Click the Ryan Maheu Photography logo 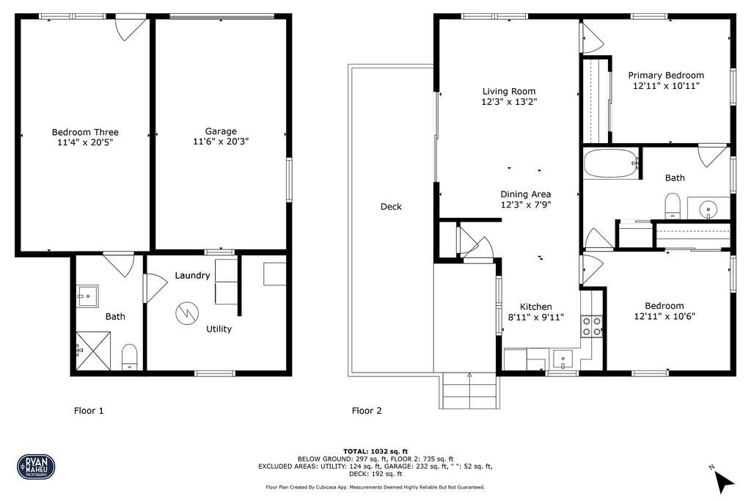pos(36,466)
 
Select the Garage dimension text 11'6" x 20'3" pos(221,142)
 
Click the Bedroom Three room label pos(85,132)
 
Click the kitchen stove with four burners pos(592,326)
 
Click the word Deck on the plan pos(391,207)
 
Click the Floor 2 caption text pos(367,411)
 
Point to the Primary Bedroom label pos(666,75)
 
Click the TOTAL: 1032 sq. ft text pos(375,450)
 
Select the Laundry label pos(193,276)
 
